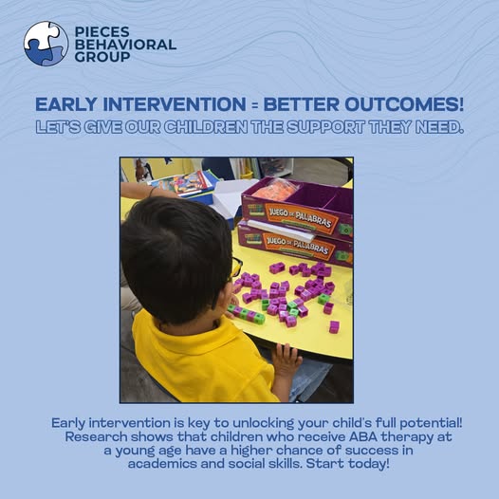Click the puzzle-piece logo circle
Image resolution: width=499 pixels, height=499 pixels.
pos(46,44)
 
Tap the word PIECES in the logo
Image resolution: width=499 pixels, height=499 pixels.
pos(102,32)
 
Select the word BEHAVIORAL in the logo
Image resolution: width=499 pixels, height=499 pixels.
pos(125,45)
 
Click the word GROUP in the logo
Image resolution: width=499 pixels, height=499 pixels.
pos(102,57)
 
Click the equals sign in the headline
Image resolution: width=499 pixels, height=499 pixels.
pos(254,104)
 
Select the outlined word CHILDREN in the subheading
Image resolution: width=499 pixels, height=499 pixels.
pos(206,127)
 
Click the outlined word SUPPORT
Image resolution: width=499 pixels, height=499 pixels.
pos(325,127)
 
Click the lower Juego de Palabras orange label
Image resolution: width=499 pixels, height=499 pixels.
pos(298,245)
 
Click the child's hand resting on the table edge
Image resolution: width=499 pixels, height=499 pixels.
pos(286,360)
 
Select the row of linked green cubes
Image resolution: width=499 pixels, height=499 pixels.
pos(247,313)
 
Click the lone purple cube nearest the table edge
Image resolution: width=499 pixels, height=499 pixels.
pos(334,327)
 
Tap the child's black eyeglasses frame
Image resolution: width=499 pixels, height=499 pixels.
pos(236,268)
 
